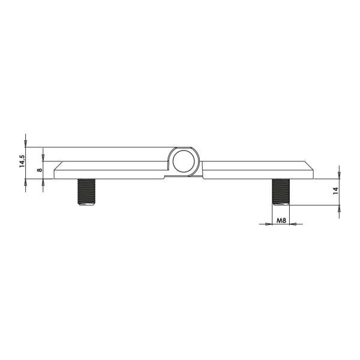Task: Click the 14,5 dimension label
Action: [22, 163]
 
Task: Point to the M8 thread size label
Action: [280, 221]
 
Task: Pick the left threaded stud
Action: [86, 192]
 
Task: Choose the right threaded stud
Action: [280, 192]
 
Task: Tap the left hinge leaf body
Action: [111, 170]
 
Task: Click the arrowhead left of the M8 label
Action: [269, 224]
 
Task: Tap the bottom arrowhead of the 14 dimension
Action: [340, 208]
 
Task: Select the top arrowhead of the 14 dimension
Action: [340, 175]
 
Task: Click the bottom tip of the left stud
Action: [86, 205]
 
